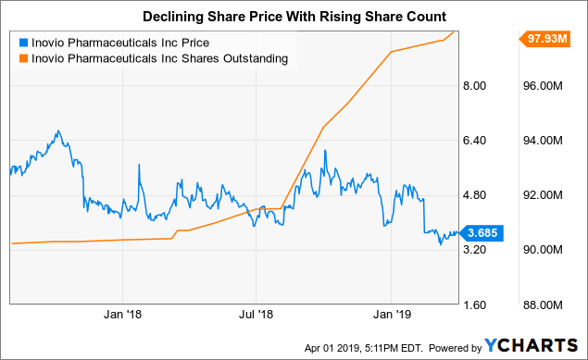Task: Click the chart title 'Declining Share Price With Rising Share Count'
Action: point(294,16)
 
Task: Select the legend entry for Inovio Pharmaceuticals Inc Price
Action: point(118,43)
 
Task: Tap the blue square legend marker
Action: point(22,43)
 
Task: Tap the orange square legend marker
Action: point(22,58)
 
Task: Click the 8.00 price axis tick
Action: point(474,86)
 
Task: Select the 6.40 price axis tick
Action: point(474,141)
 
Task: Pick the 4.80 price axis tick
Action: point(474,195)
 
